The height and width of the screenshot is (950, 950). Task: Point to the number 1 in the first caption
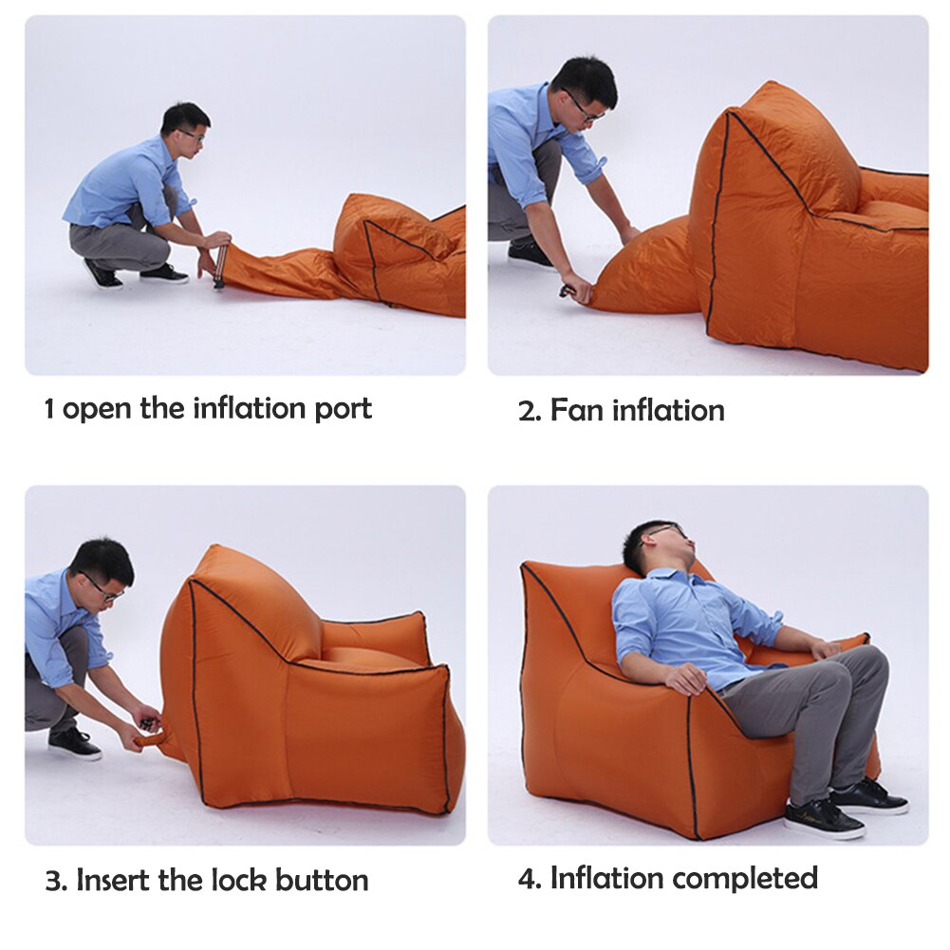[49, 410]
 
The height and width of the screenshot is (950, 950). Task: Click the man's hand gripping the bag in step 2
[577, 289]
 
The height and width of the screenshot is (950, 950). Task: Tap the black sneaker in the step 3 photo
[74, 743]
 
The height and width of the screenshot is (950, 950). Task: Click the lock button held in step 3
[147, 724]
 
